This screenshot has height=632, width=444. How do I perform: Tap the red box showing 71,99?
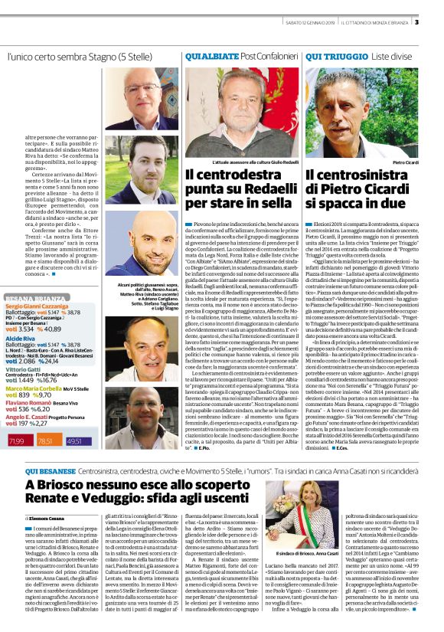pyautogui.click(x=17, y=440)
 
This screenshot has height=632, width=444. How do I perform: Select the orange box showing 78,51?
pyautogui.click(x=45, y=440)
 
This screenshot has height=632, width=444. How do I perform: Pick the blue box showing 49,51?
pyautogui.click(x=74, y=440)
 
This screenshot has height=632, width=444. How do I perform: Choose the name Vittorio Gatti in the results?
pyautogui.click(x=23, y=368)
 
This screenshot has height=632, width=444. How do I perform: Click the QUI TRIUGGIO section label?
pyautogui.click(x=333, y=57)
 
